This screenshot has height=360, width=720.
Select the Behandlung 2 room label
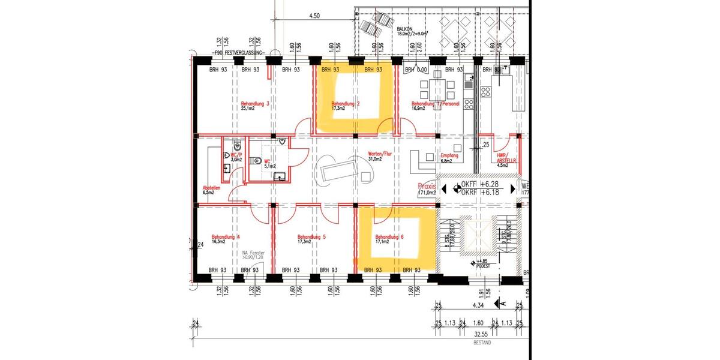coord(346,103)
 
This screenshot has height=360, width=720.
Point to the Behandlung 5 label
coord(311,237)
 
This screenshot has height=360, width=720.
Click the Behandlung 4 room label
coord(226,237)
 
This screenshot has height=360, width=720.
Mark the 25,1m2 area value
coord(248,109)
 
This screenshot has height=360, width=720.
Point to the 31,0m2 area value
coord(375,160)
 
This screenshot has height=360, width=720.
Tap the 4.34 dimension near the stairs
coord(478,305)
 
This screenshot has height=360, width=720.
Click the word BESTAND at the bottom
coord(481,343)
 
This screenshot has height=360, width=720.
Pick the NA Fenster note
coord(253,254)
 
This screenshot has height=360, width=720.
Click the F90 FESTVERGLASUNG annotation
coord(242,53)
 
